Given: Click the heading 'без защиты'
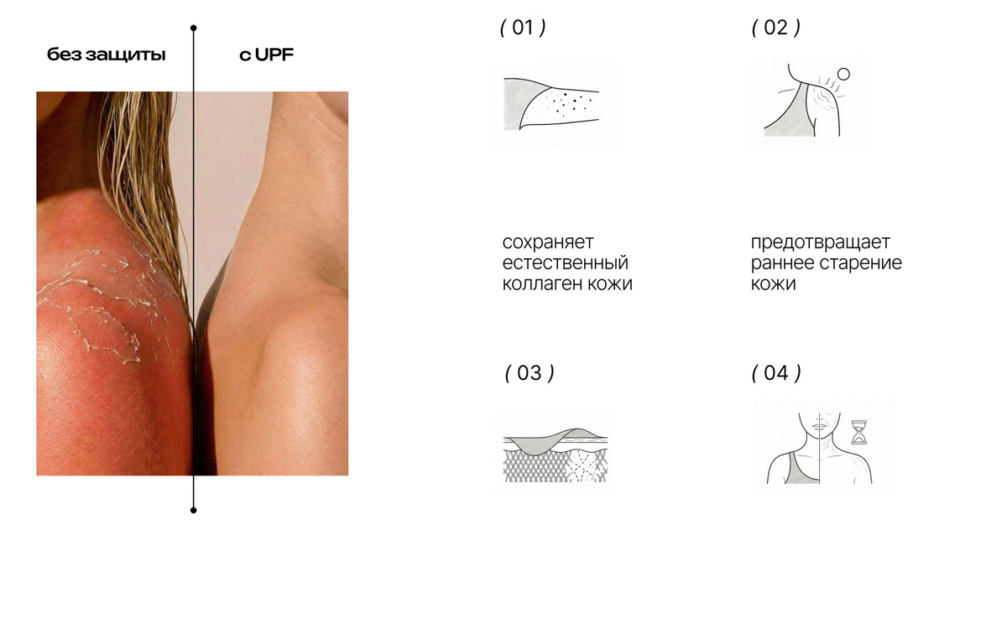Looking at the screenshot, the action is click(106, 55).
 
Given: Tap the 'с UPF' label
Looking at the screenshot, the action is click(266, 55).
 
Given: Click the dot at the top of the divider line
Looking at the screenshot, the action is click(193, 28).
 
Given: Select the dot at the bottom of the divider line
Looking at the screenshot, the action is click(193, 510).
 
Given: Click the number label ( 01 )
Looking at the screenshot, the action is click(523, 28).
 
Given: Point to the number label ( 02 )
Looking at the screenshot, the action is click(776, 28).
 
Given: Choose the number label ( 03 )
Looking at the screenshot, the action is click(530, 373).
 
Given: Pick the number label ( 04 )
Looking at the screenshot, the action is click(776, 373).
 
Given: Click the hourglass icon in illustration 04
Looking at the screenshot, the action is click(859, 432).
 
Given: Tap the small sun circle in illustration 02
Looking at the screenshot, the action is click(844, 74).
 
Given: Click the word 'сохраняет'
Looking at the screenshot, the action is click(548, 242).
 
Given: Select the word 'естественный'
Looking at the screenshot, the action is click(565, 263).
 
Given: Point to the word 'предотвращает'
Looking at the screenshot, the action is click(821, 242).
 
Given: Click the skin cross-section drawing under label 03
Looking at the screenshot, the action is click(555, 453).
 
